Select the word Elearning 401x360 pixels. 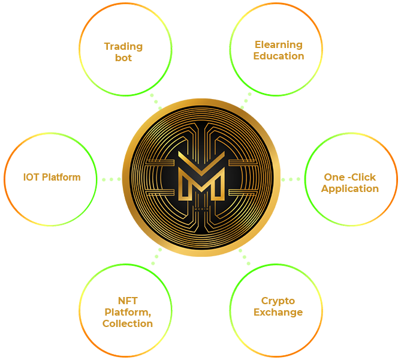pyautogui.click(x=279, y=44)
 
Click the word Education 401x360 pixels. pyautogui.click(x=279, y=56)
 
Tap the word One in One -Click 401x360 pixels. pyautogui.click(x=334, y=177)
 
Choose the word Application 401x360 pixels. pyautogui.click(x=350, y=188)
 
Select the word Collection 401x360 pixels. pyautogui.click(x=128, y=323)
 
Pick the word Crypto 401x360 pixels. pyautogui.click(x=278, y=301)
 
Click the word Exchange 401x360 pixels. pyautogui.click(x=278, y=312)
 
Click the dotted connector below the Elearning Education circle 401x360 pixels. pyautogui.click(x=245, y=101)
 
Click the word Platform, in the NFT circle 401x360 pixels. pyautogui.click(x=128, y=312)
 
